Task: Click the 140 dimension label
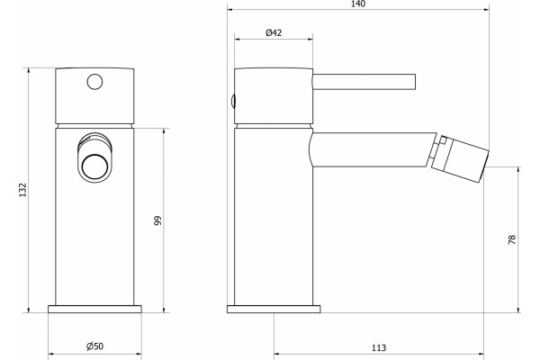click(x=358, y=4)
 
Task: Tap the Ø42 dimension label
click(x=274, y=32)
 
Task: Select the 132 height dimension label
click(x=22, y=190)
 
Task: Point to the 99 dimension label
click(x=157, y=220)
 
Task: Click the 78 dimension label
click(x=512, y=239)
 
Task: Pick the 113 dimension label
click(x=379, y=348)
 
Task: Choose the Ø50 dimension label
click(x=94, y=346)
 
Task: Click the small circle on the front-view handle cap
click(x=94, y=82)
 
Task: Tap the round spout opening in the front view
click(x=95, y=166)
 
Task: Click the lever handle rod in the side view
click(x=364, y=82)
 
